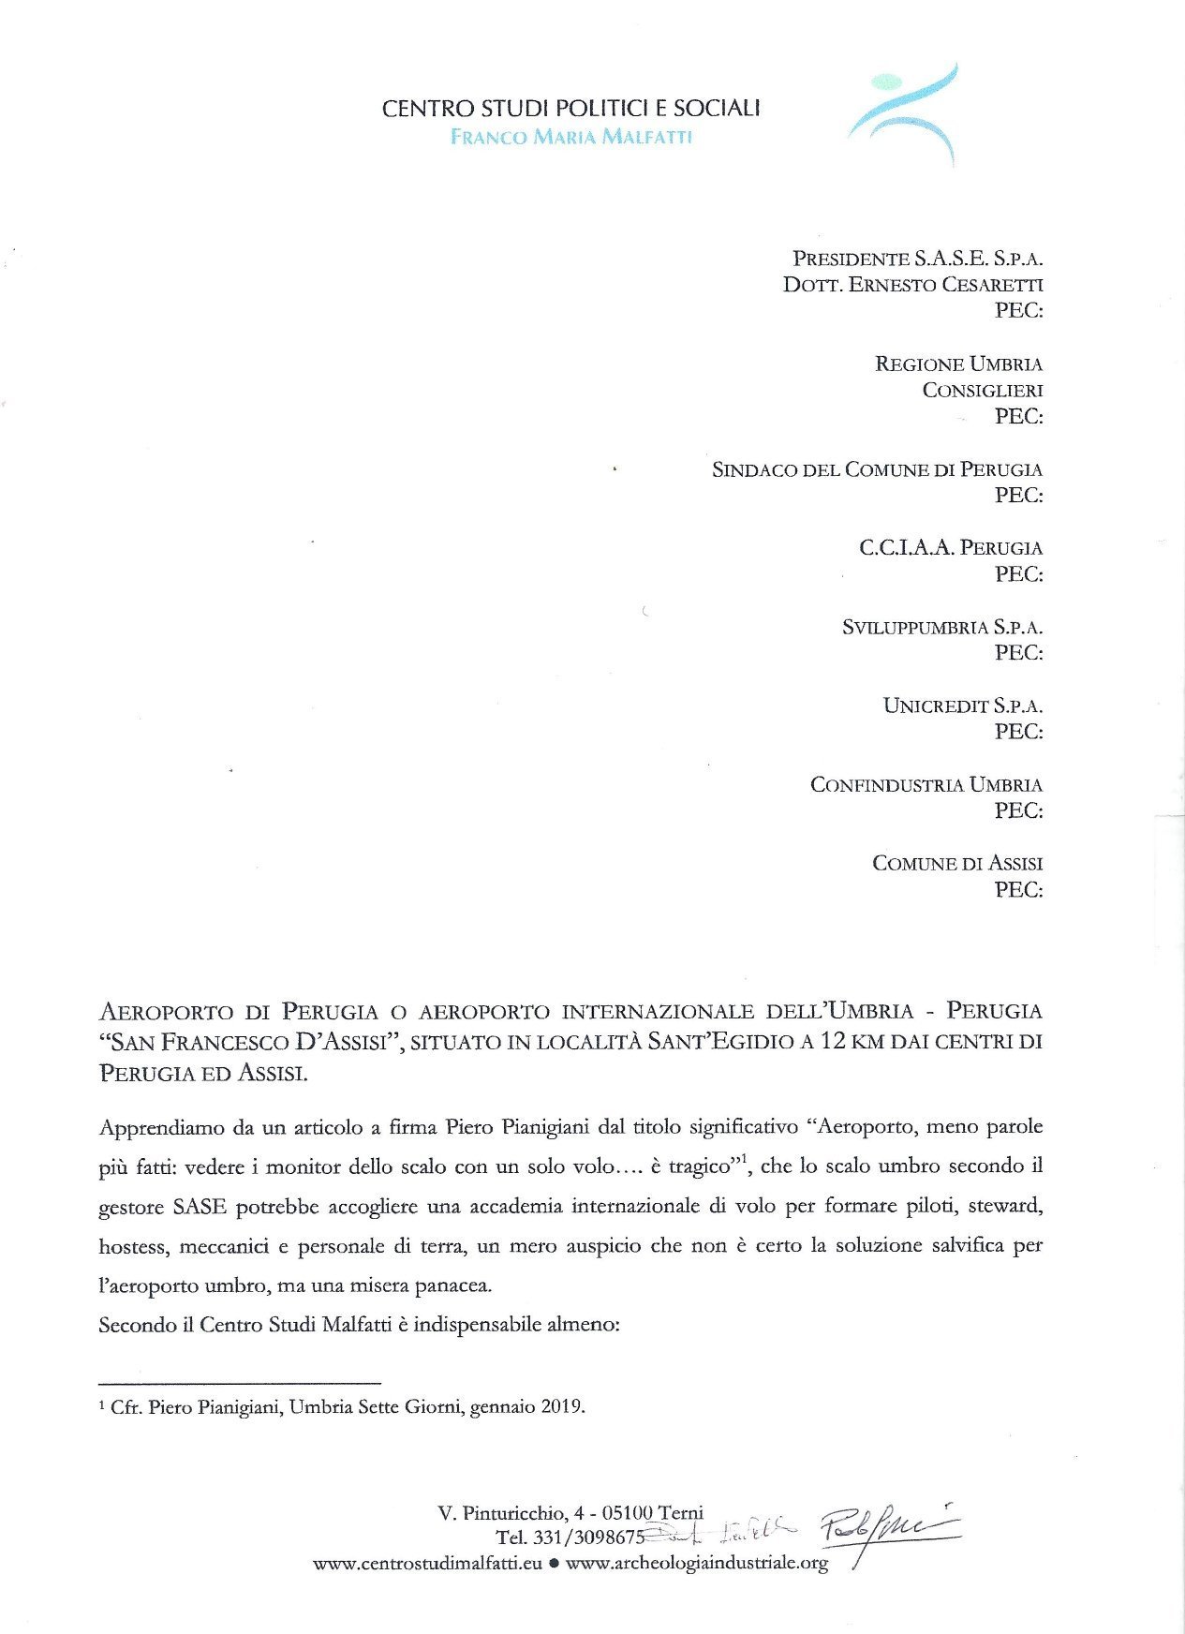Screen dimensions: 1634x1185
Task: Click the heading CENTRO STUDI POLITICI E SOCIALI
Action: (x=570, y=109)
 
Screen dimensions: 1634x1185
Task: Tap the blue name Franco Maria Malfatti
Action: (x=570, y=137)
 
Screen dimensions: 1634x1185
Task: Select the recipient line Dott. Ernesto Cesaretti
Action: (x=912, y=284)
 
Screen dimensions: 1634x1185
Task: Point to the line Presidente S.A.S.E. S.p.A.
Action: (x=917, y=258)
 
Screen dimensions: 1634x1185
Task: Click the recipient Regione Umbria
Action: (x=958, y=364)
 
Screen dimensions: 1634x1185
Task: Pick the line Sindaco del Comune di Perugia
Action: (x=877, y=468)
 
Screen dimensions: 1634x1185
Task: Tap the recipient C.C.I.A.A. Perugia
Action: (x=950, y=547)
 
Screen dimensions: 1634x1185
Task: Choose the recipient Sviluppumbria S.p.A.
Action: (x=941, y=627)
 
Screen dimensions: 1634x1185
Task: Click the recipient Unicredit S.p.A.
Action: (x=962, y=706)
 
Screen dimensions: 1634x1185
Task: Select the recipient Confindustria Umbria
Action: (x=926, y=784)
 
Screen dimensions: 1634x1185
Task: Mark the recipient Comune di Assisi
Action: (x=956, y=863)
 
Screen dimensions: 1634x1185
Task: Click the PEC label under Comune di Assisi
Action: (x=1018, y=889)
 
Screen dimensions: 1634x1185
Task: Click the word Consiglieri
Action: (x=982, y=390)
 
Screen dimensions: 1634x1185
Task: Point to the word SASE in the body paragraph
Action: (x=200, y=1206)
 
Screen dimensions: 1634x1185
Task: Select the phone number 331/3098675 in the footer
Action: (x=586, y=1537)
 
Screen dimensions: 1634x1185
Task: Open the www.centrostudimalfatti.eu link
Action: (x=427, y=1563)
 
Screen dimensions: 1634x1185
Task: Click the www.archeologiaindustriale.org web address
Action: (x=697, y=1563)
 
